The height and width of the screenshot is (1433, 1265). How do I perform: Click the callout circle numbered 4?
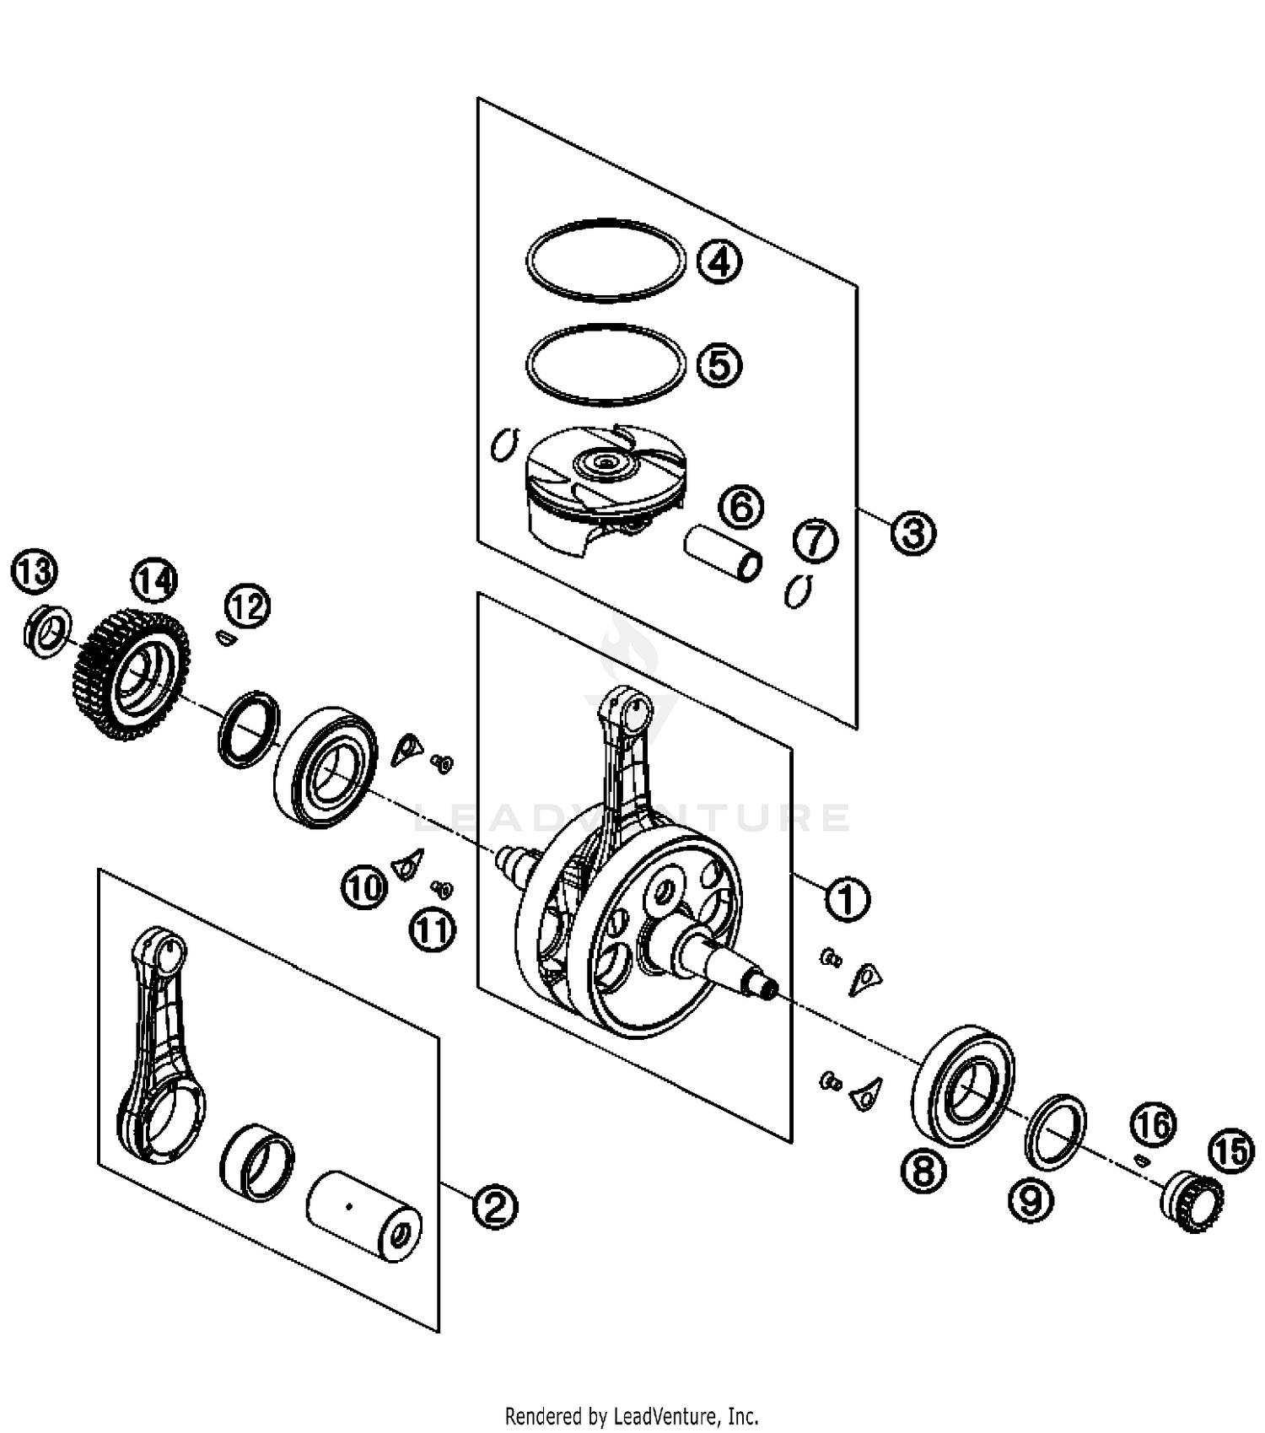point(719,261)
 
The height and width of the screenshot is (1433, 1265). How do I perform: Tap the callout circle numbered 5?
point(719,365)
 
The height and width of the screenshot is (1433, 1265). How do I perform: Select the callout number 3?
point(912,533)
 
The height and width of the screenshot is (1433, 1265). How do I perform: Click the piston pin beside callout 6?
point(723,553)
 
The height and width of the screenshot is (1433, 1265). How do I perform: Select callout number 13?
point(34,572)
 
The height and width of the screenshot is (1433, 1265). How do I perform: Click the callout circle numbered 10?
point(363,888)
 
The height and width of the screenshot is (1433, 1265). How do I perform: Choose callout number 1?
point(847,899)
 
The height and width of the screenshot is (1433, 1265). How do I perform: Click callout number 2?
point(494,1207)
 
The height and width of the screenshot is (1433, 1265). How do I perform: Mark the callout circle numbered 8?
point(923,1170)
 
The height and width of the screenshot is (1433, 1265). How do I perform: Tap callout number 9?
point(1031,1199)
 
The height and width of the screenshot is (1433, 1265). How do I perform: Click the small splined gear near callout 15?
point(1192,1202)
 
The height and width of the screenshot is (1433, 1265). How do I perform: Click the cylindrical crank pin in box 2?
point(364,1215)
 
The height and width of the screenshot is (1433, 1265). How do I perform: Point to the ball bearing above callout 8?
point(962,1086)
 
